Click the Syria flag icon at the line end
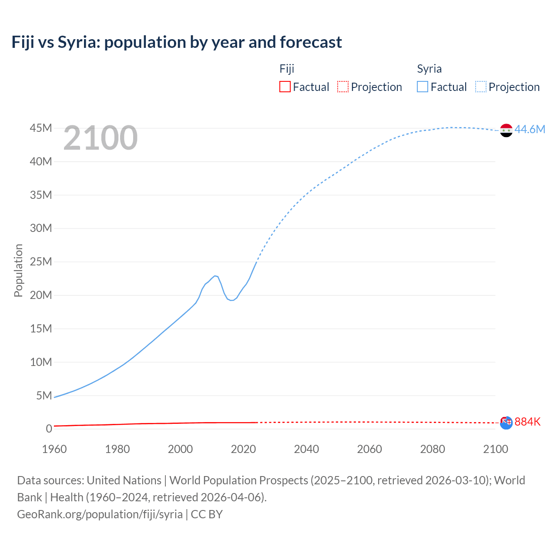pos(506,130)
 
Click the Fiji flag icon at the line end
pos(506,423)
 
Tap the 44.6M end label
pos(530,129)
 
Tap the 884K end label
pos(527,422)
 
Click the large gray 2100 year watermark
pos(101,138)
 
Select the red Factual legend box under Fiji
pos(285,87)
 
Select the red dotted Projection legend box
pos(343,87)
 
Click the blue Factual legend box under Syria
pos(422,87)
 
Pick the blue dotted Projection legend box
pos(481,87)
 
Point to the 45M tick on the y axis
pos(41,128)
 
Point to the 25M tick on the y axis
pos(41,262)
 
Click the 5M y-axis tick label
pos(44,395)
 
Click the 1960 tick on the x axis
pos(54,449)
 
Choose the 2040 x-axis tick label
pos(306,449)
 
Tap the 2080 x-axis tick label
pos(433,449)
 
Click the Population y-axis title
pos(18,270)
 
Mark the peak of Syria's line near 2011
pos(215,276)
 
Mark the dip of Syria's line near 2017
pos(232,300)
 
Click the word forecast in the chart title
pos(311,42)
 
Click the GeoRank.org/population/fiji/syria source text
pos(100,514)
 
